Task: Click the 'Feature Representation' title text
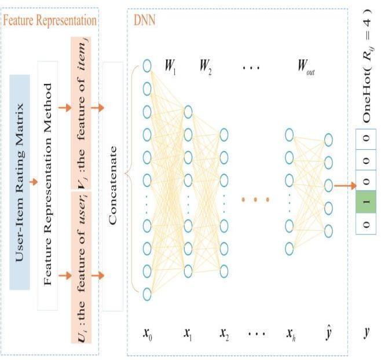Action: pos(49,20)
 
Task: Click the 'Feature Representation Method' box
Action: pos(48,184)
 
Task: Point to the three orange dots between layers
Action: pos(255,200)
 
